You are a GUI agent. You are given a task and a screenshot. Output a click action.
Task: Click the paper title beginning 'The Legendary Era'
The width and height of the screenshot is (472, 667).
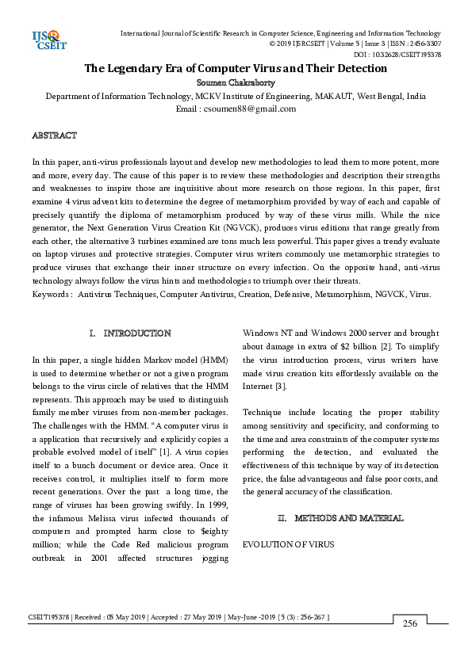(236, 68)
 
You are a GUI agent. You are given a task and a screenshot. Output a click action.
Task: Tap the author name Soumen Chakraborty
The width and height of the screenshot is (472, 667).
(236, 82)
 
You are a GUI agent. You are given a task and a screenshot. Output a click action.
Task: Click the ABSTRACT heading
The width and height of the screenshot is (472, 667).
(54, 136)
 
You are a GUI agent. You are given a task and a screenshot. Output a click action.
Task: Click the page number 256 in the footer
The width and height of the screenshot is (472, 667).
(410, 624)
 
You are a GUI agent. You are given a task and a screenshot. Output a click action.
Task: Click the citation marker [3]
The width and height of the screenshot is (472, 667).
(281, 386)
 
